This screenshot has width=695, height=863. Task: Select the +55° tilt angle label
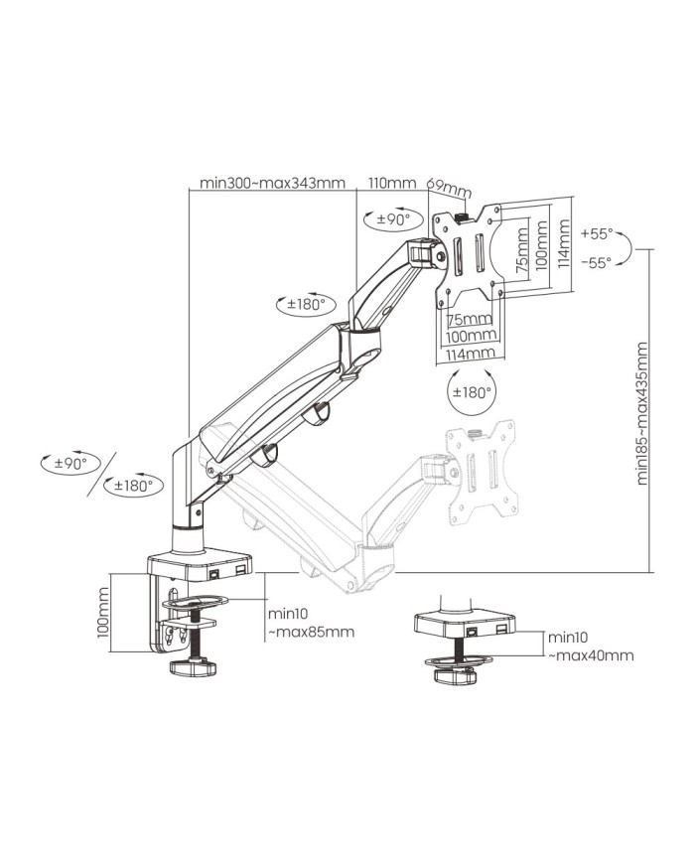(599, 236)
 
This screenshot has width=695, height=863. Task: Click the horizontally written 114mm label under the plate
(471, 353)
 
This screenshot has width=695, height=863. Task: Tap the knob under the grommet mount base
(456, 677)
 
